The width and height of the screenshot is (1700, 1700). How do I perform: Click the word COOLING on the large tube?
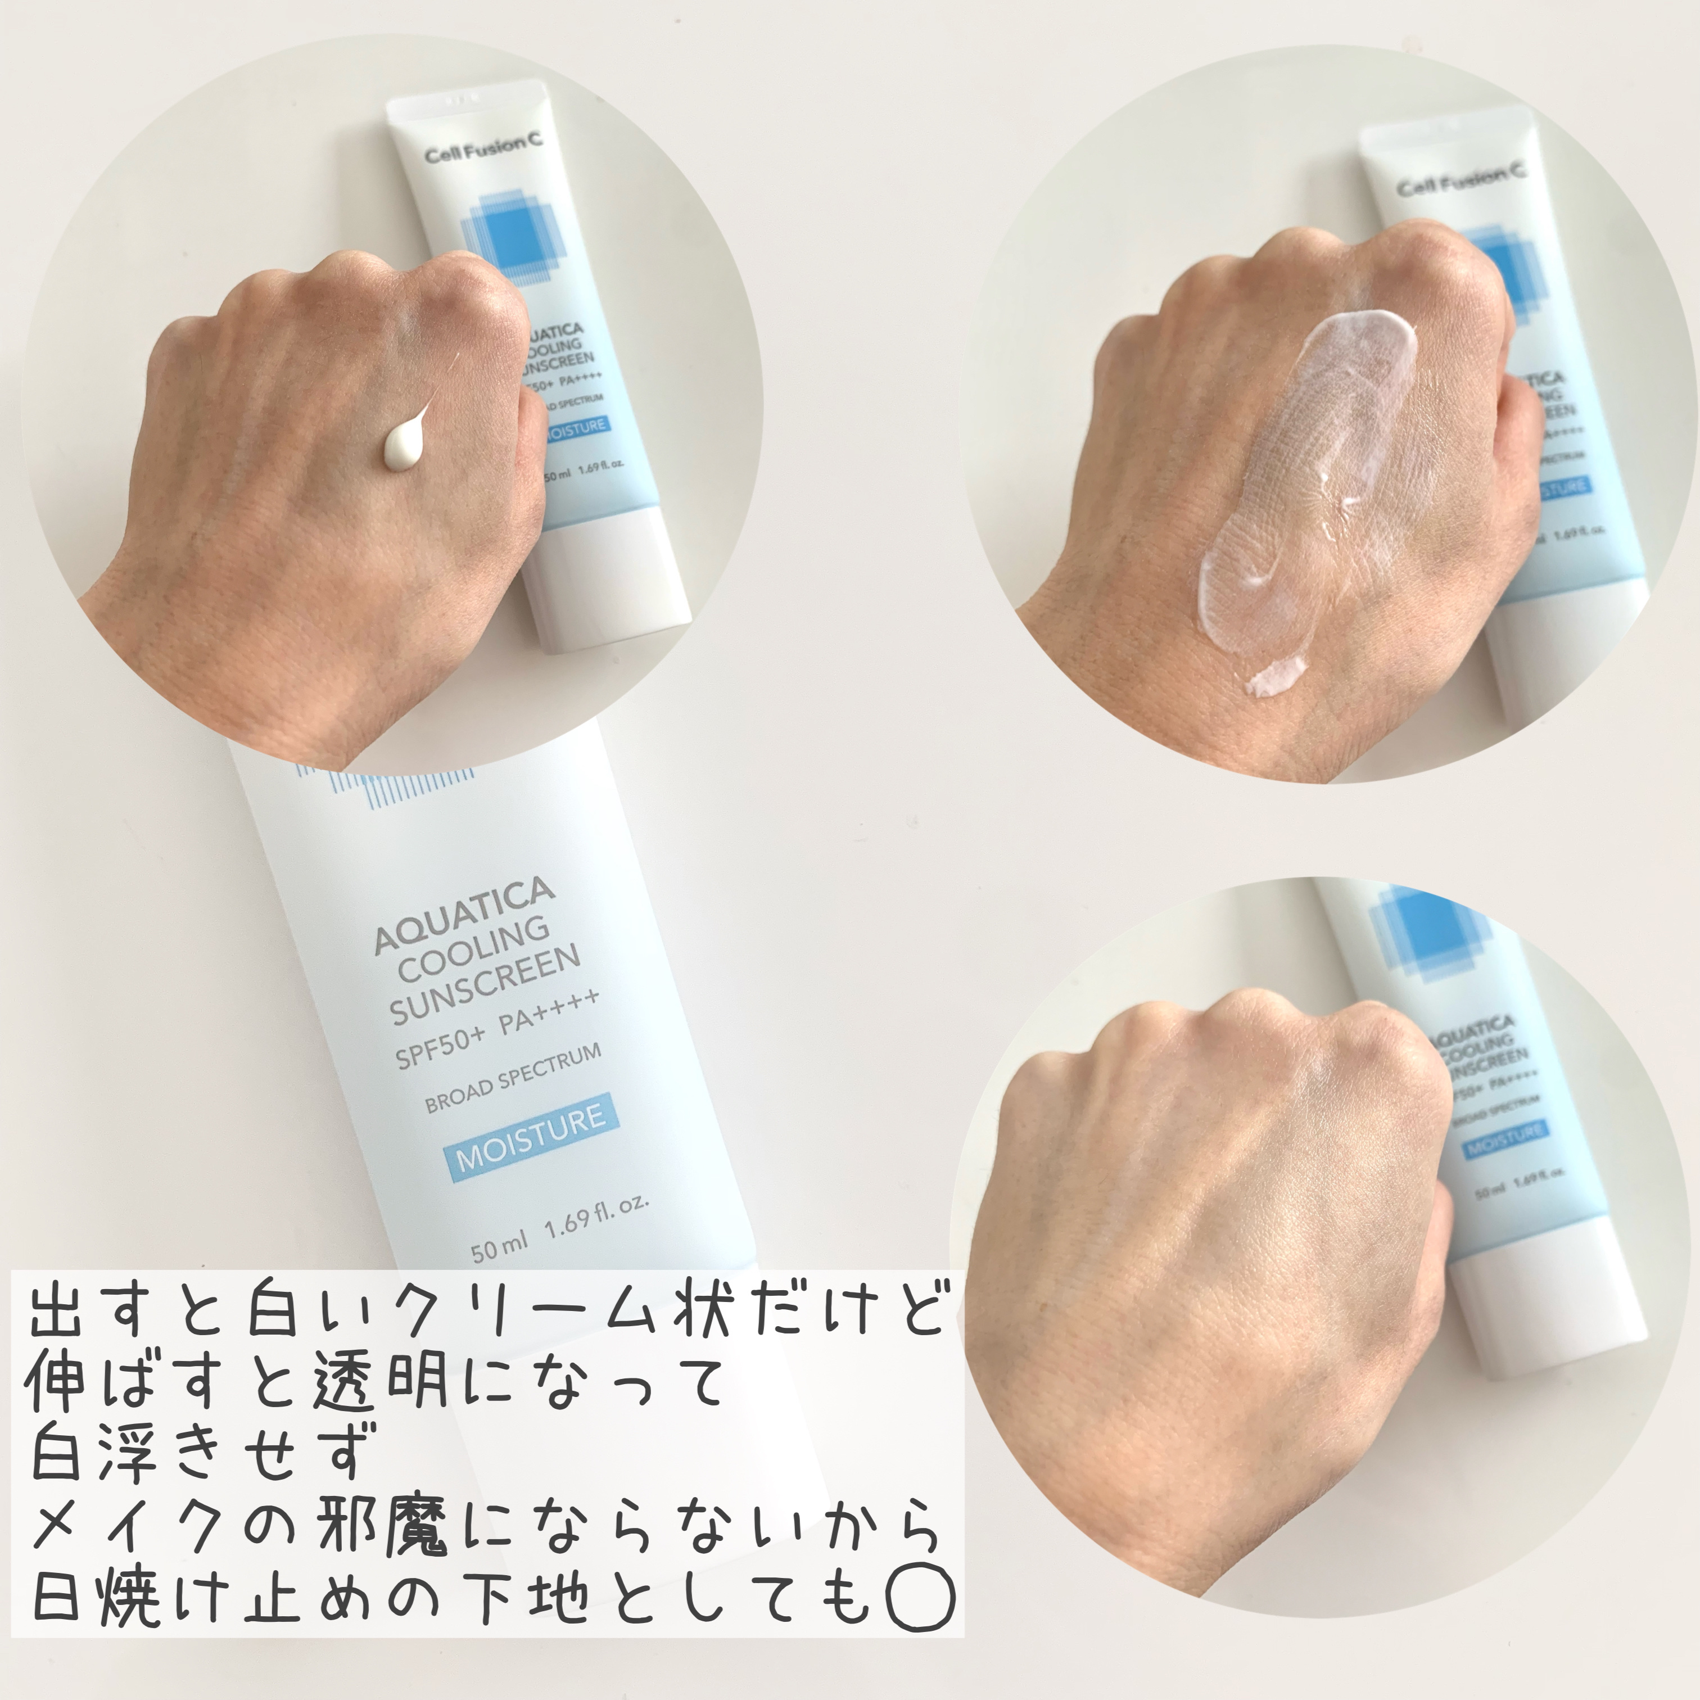pos(475,950)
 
